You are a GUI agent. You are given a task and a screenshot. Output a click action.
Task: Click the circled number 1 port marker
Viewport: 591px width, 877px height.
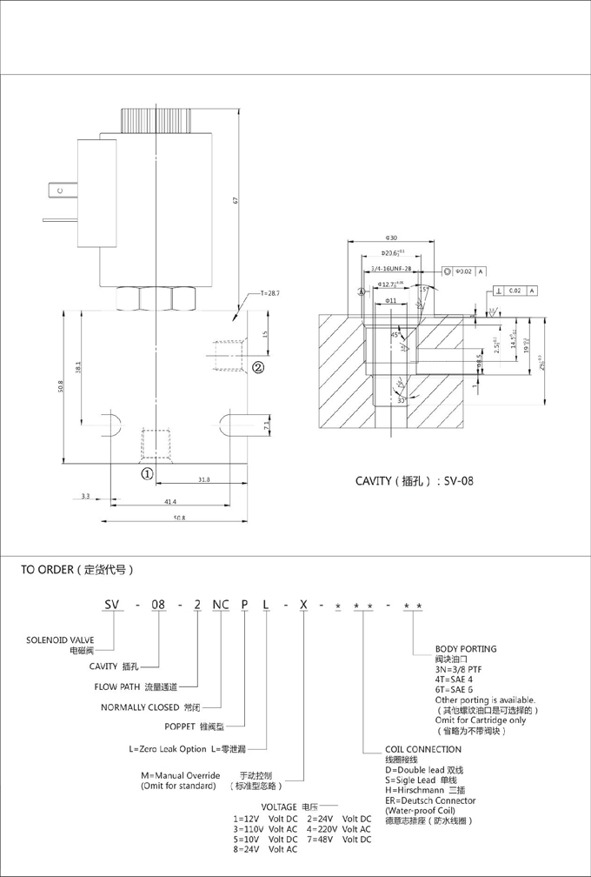click(148, 474)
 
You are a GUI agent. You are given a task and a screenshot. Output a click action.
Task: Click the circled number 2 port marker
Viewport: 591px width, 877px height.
click(258, 367)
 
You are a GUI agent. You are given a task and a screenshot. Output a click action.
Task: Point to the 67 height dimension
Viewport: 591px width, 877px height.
click(235, 201)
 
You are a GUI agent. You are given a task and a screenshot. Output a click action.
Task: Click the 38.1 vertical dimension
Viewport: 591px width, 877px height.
click(79, 368)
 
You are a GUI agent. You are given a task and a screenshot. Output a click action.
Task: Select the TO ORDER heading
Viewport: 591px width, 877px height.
click(76, 571)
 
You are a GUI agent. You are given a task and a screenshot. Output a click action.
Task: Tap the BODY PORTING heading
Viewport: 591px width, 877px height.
click(466, 649)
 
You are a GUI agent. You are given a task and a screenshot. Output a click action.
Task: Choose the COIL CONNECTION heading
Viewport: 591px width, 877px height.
click(423, 749)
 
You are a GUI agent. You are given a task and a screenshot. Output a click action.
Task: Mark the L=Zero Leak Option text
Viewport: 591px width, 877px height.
click(168, 749)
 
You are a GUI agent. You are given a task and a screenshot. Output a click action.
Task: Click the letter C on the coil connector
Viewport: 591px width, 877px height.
click(60, 191)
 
